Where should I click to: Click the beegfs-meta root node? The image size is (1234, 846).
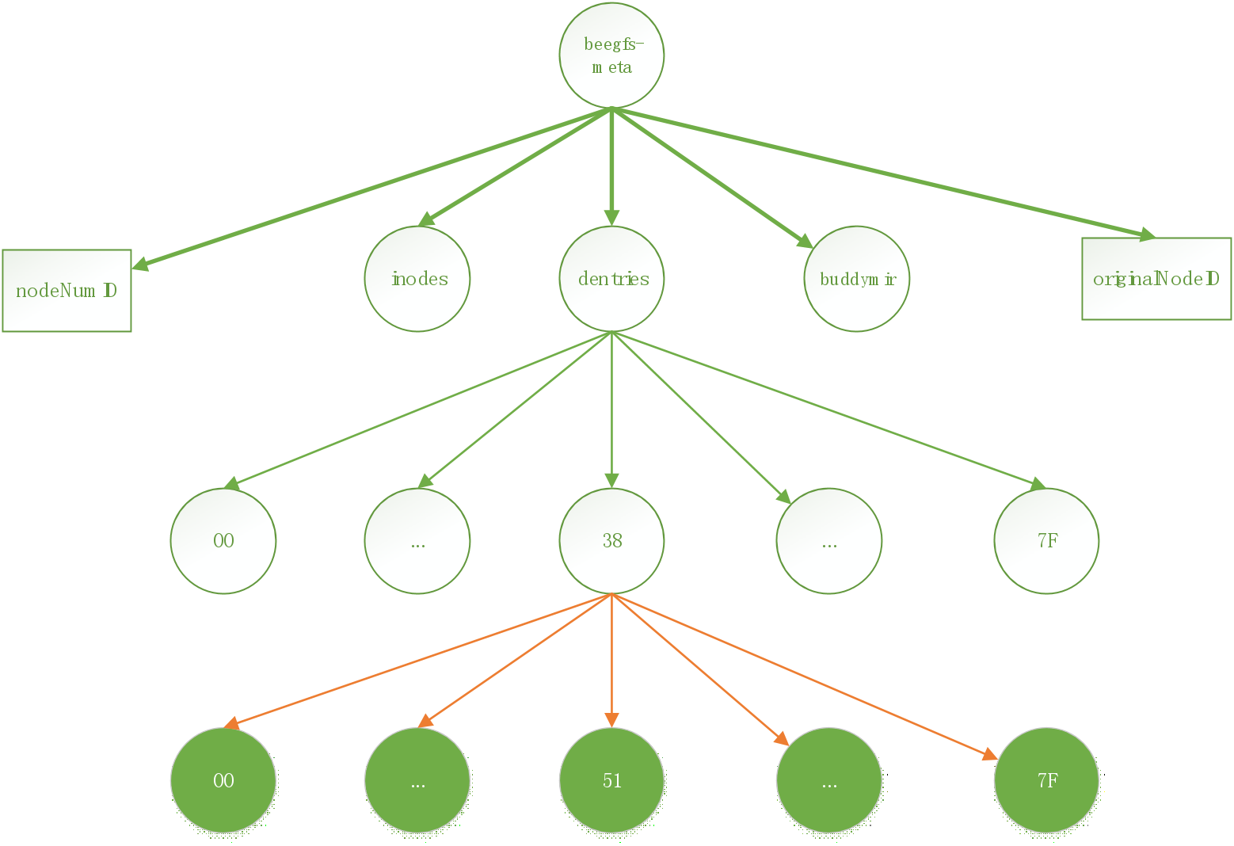click(x=611, y=55)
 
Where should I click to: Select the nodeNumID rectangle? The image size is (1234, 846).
click(x=67, y=290)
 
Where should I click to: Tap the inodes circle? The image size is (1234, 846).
click(x=417, y=279)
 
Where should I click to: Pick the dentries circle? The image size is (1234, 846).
click(x=611, y=279)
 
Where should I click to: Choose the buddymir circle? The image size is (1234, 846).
click(x=857, y=279)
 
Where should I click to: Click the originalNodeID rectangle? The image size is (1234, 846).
click(x=1156, y=279)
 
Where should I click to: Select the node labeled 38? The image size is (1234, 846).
click(x=611, y=541)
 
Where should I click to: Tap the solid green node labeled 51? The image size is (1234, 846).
click(x=611, y=780)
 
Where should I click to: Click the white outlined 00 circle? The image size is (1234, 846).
click(x=223, y=541)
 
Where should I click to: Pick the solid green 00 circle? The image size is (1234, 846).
click(x=223, y=780)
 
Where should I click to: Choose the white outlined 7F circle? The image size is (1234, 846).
click(x=1047, y=541)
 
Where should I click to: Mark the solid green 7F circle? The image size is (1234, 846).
click(x=1047, y=780)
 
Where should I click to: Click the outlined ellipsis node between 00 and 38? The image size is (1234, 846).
click(x=417, y=541)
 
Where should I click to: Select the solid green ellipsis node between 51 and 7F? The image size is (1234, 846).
click(x=829, y=780)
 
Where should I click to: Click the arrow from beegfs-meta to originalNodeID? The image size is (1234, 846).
click(x=883, y=173)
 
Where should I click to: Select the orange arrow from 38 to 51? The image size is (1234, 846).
click(x=611, y=661)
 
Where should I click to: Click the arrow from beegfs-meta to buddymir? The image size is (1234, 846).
click(x=712, y=177)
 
